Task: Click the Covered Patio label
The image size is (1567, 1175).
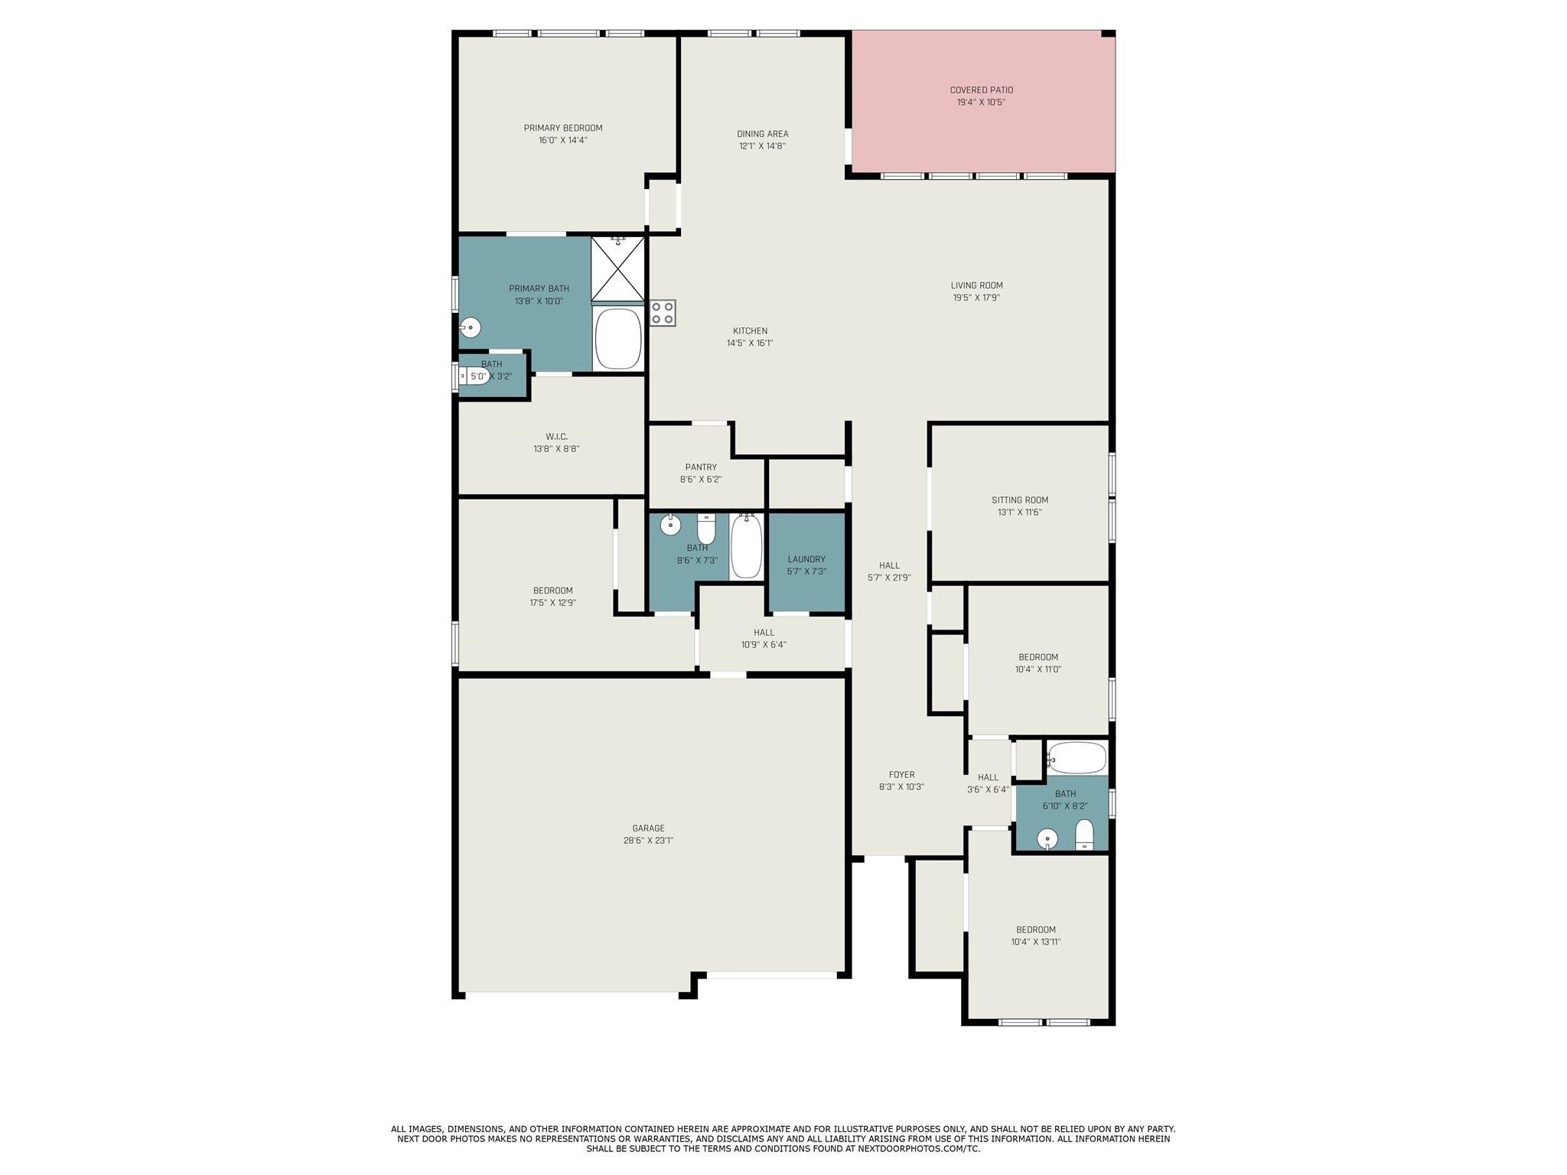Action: (x=981, y=90)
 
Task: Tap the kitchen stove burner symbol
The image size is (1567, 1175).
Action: (x=663, y=313)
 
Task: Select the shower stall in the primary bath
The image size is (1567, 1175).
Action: (x=617, y=269)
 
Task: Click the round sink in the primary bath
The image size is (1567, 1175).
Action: (x=470, y=327)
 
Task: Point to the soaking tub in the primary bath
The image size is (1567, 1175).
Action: (x=617, y=338)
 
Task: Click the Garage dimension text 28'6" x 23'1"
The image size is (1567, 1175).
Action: (x=647, y=841)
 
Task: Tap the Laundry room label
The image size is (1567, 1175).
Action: (x=806, y=559)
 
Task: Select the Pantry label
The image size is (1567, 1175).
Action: (x=701, y=467)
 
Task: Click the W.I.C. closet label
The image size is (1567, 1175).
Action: (x=556, y=437)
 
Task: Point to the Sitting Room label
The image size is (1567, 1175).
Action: (x=1019, y=500)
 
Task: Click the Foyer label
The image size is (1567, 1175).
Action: (x=901, y=775)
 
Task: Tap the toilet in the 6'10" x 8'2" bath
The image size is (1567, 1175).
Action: (x=1084, y=835)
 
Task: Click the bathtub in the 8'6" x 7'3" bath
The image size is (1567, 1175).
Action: (x=746, y=546)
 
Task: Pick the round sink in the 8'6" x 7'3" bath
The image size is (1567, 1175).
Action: (x=670, y=526)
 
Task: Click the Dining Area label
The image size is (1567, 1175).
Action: (x=762, y=134)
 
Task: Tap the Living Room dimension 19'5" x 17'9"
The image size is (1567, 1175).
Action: (x=976, y=298)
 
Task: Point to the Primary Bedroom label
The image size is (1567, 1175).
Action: (x=562, y=128)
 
